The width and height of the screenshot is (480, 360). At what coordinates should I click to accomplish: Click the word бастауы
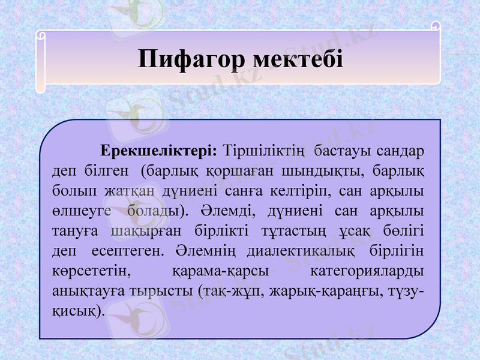click(x=340, y=150)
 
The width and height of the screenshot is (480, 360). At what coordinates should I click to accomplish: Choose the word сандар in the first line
click(x=401, y=150)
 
